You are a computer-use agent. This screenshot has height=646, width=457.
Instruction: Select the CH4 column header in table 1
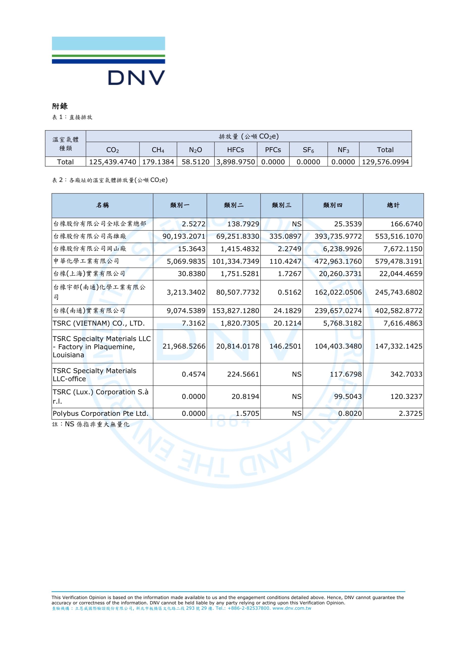click(x=158, y=150)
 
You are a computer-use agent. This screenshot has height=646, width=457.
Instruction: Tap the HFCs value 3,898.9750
click(x=235, y=162)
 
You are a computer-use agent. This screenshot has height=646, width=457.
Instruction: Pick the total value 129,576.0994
click(x=385, y=162)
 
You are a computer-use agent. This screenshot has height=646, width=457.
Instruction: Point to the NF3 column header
click(x=343, y=150)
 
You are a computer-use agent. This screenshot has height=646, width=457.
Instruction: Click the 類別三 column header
click(x=281, y=205)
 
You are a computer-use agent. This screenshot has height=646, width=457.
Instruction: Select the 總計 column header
click(x=393, y=205)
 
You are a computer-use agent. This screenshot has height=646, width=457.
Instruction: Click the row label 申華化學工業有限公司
click(x=86, y=261)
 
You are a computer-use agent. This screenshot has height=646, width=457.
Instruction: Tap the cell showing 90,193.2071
click(x=184, y=236)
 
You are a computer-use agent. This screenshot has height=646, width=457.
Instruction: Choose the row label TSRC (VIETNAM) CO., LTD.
click(x=99, y=323)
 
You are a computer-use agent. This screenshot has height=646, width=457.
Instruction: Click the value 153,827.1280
click(x=235, y=311)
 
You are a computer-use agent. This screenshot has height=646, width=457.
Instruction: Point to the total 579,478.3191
click(x=398, y=261)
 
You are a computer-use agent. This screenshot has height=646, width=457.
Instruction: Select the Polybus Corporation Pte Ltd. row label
click(x=100, y=413)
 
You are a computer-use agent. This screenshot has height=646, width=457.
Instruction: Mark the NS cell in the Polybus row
click(x=297, y=413)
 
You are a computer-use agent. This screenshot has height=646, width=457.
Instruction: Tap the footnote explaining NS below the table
click(x=91, y=424)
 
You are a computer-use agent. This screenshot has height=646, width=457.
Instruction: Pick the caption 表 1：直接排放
click(x=72, y=117)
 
